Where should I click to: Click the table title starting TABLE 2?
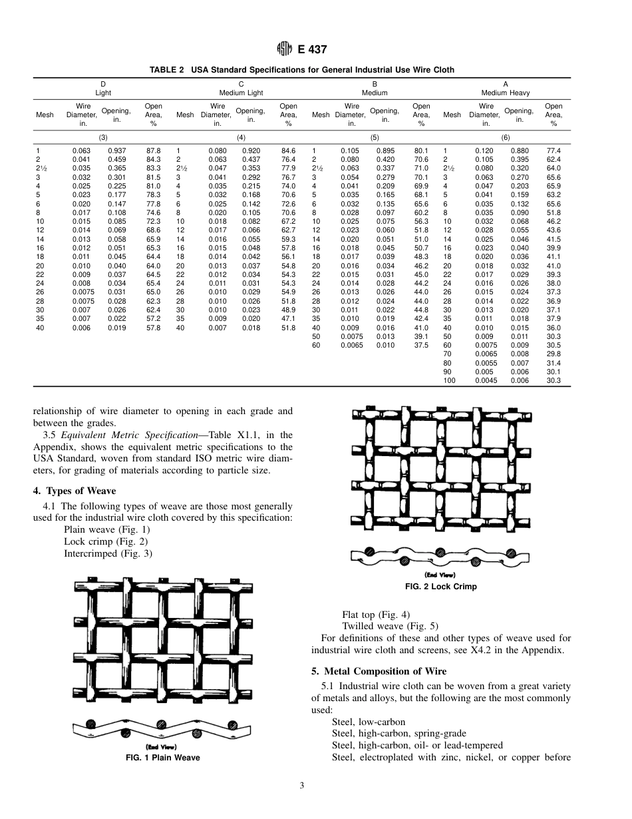pyautogui.click(x=302, y=70)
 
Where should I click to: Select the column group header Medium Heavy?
pyautogui.click(x=506, y=93)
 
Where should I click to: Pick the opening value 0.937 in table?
pyautogui.click(x=117, y=151)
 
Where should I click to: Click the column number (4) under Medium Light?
pyautogui.click(x=241, y=137)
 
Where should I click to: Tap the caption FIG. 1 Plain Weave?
pyautogui.click(x=163, y=758)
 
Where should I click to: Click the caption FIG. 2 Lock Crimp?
pyautogui.click(x=440, y=587)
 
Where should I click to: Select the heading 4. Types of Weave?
pyautogui.click(x=75, y=491)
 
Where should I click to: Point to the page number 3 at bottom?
pyautogui.click(x=302, y=786)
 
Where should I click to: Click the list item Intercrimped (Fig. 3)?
pyautogui.click(x=108, y=553)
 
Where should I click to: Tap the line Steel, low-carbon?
pyautogui.click(x=368, y=722)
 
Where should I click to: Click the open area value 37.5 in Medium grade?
pyautogui.click(x=420, y=346)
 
